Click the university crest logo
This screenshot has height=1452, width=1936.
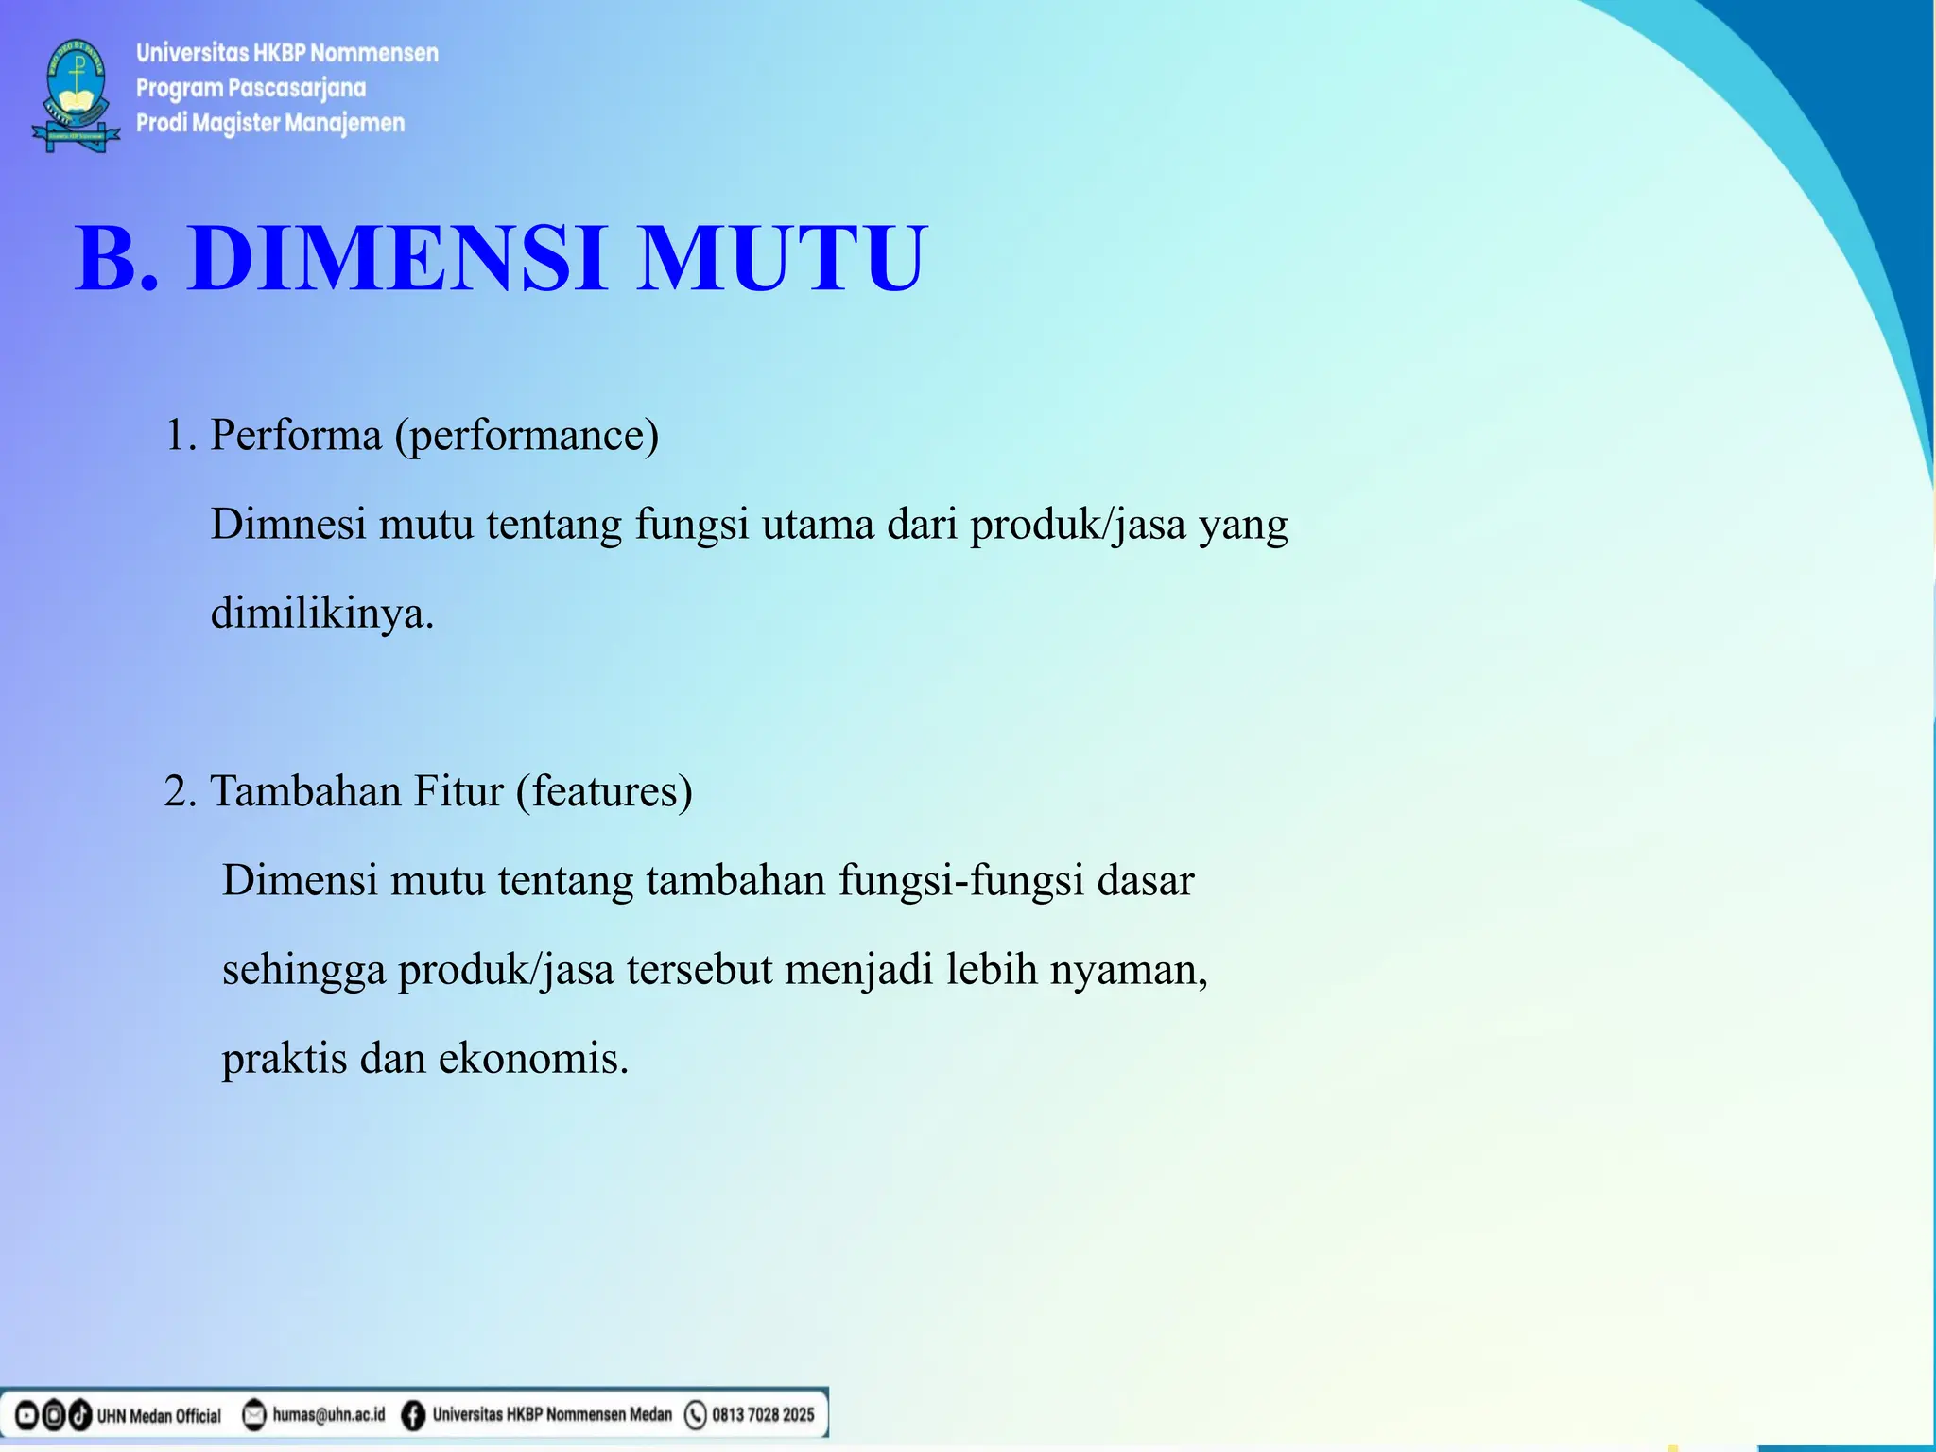pyautogui.click(x=77, y=95)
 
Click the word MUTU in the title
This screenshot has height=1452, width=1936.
pyautogui.click(x=783, y=257)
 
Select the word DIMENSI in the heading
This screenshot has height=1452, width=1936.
pyautogui.click(x=397, y=257)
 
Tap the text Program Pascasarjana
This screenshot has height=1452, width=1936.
pyautogui.click(x=251, y=88)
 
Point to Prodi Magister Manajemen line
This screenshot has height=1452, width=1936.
pyautogui.click(x=270, y=123)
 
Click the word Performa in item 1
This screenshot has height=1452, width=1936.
pyautogui.click(x=295, y=435)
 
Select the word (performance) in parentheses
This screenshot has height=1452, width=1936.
pyautogui.click(x=527, y=435)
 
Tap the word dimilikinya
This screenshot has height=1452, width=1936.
pyautogui.click(x=321, y=613)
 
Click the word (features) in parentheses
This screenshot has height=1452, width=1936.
pyautogui.click(x=604, y=790)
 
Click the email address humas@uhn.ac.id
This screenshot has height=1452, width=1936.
pyautogui.click(x=329, y=1415)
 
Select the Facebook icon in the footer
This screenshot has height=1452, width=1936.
pyautogui.click(x=413, y=1415)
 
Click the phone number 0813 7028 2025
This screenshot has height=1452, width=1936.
pyautogui.click(x=763, y=1415)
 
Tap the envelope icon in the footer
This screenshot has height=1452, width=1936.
pyautogui.click(x=254, y=1415)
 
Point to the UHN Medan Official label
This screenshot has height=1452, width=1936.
pyautogui.click(x=159, y=1416)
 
